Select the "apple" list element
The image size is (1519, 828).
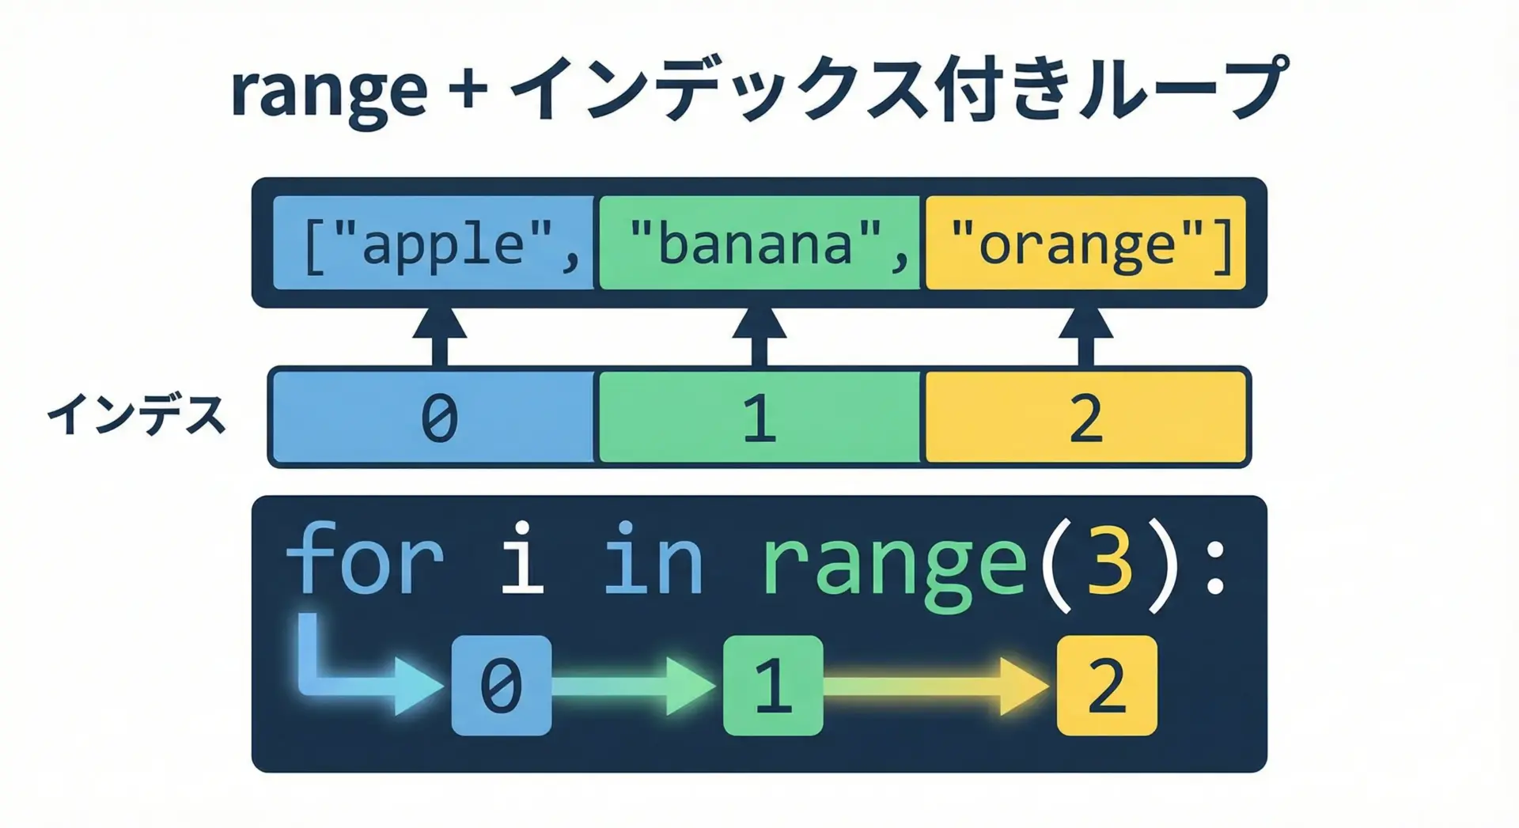[x=434, y=243]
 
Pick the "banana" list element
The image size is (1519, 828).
[x=759, y=243]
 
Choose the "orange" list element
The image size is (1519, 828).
[x=1085, y=243]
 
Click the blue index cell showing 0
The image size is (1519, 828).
[x=433, y=417]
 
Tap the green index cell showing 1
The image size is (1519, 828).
[x=759, y=417]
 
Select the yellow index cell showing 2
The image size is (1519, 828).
[x=1086, y=417]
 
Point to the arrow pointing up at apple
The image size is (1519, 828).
[x=440, y=336]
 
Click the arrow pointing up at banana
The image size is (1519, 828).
[x=759, y=336]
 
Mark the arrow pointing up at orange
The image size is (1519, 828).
[x=1086, y=336]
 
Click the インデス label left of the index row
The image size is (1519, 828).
[x=136, y=415]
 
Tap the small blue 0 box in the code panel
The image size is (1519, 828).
[x=502, y=685]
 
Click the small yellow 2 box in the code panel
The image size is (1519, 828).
[x=1107, y=685]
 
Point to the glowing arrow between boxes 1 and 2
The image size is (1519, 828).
[x=938, y=685]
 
